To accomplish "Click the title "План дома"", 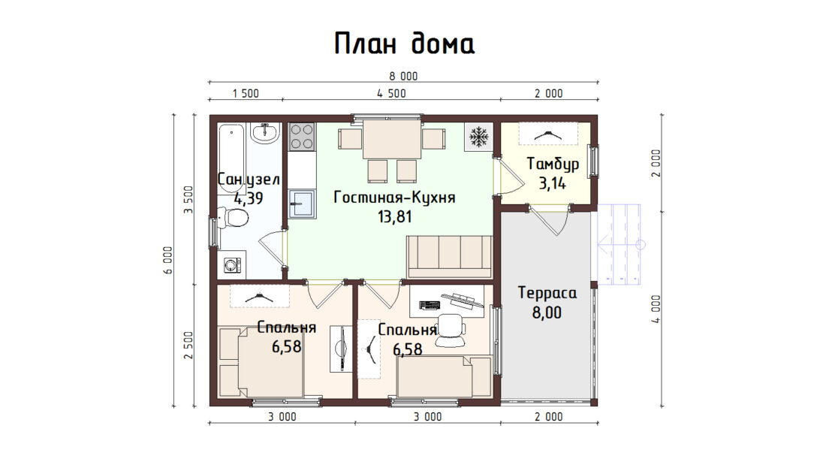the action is coord(405,44).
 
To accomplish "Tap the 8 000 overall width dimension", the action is coord(403,77).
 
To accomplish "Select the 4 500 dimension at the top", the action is coord(391,94).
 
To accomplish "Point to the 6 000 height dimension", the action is coord(168,261).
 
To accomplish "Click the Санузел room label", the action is coord(248,180).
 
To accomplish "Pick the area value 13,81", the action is coord(394,216).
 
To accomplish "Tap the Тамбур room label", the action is coord(553,164).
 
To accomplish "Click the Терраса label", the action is coord(547,293).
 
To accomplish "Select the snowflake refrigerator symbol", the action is coord(478,137).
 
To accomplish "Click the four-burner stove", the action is coord(302,136).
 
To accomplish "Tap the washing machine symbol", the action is coord(232,264).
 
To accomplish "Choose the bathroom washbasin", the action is coord(265,134).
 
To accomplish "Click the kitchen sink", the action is coord(302,204).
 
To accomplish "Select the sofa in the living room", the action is coord(449,257).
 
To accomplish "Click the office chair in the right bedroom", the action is coord(451,331).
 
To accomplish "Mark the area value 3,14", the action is coord(552,183).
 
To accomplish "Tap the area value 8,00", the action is coord(547,313).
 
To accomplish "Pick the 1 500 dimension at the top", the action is coord(246,94).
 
